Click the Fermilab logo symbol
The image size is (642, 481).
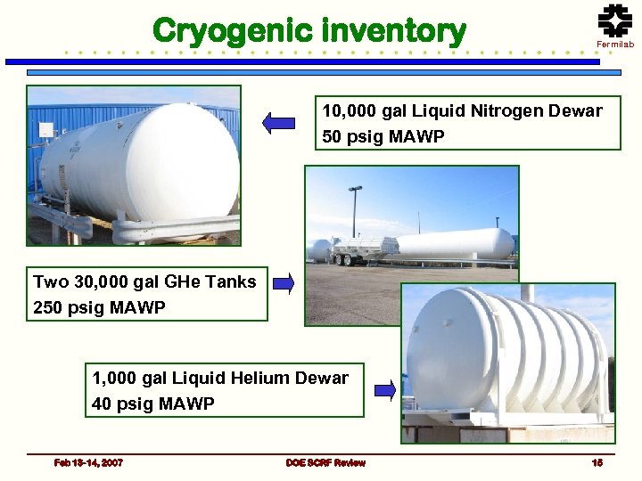(x=614, y=20)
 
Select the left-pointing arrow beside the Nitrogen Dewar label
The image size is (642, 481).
(x=278, y=124)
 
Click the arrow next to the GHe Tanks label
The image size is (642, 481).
(x=284, y=284)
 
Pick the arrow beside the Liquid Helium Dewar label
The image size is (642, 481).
(x=384, y=389)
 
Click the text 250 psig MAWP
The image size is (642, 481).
(x=100, y=308)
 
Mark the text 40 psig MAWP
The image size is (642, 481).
(x=153, y=404)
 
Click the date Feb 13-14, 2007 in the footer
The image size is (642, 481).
(x=88, y=462)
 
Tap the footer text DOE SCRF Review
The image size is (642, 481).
(x=325, y=462)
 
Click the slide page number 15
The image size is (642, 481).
(x=597, y=462)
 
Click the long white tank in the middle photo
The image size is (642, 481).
(x=455, y=244)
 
